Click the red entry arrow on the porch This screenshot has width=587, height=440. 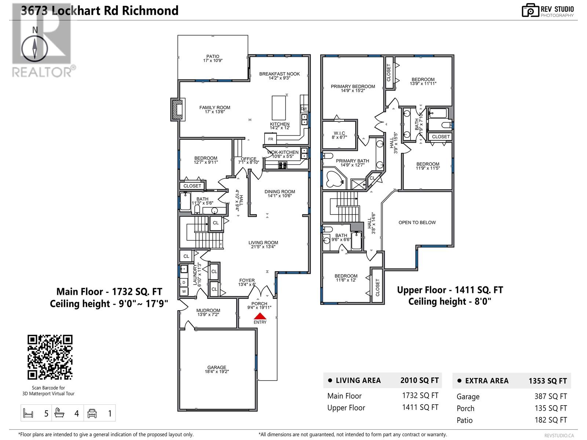260,316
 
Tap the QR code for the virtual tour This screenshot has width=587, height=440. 50,357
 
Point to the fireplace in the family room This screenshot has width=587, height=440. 177,109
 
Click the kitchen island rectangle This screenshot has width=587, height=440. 279,108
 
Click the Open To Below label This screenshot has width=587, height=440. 417,223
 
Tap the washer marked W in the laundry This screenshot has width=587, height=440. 184,291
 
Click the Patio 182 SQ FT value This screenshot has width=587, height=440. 551,420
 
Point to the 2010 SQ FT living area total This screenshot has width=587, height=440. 419,381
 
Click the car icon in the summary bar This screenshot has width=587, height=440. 92,414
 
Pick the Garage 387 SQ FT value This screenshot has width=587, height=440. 551,396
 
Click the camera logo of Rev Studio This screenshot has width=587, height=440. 530,10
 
